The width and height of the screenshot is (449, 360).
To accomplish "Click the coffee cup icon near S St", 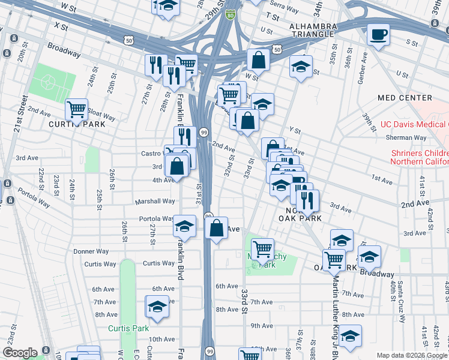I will tap(378, 35).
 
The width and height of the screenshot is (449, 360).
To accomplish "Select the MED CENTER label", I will tap(405, 98).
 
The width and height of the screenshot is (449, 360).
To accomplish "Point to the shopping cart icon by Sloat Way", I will tap(76, 110).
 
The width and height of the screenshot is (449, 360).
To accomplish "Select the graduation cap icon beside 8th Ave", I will tap(157, 307).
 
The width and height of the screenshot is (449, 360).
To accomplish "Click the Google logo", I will tap(20, 352).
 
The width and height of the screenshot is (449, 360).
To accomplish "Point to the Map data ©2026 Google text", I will tap(411, 355).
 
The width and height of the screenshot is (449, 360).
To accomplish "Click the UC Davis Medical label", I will tap(414, 125).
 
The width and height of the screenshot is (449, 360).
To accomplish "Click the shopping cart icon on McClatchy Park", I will tap(262, 248).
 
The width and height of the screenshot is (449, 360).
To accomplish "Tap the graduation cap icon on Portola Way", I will tap(185, 226).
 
